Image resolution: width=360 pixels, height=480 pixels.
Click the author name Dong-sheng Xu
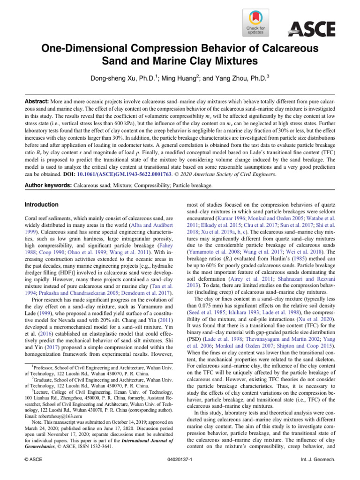click(118, 75)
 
